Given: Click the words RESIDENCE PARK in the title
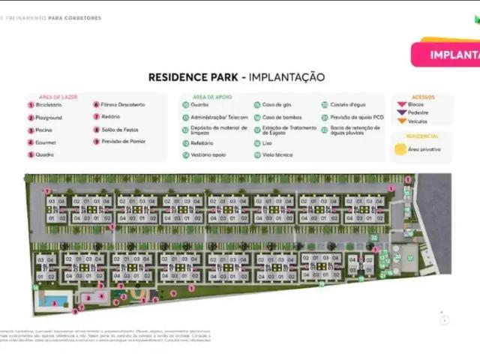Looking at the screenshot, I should pos(193,77).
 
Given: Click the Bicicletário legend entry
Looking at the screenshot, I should pos(47,105).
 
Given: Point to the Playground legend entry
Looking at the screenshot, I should pos(47,118).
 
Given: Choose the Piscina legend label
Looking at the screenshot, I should pos(43,130).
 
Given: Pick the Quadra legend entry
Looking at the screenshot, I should pos(43,154).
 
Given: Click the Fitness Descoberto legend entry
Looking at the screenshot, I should pos(122,105).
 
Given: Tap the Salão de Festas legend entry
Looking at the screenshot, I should pos(119,130).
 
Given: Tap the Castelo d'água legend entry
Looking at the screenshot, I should pos(346,105).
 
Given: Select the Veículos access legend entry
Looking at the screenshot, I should pos(416,121).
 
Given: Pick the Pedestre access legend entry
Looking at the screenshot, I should pos(417,112).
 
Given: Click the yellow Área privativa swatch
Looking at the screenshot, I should pos(401,149).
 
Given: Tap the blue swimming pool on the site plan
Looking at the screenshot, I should pos(50,301).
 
